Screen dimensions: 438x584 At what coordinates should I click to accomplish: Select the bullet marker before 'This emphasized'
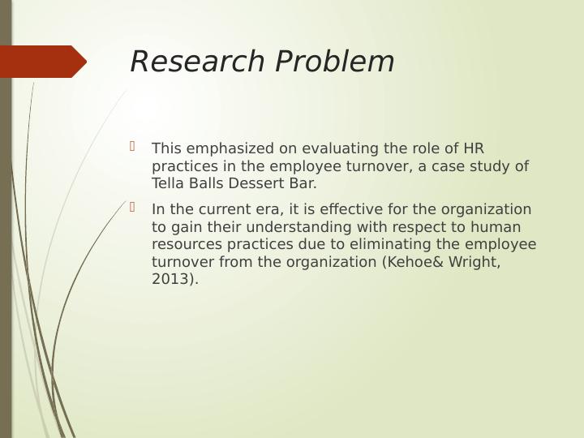[x=132, y=147]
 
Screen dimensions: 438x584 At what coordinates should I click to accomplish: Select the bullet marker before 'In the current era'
[x=132, y=208]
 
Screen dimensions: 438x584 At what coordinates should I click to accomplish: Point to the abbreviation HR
[x=473, y=148]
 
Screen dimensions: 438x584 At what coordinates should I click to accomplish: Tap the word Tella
[x=168, y=184]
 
